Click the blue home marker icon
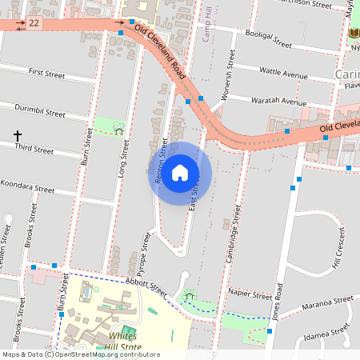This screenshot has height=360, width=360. click(x=180, y=172)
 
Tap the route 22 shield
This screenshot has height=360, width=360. click(x=34, y=23)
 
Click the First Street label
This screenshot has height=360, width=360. click(x=46, y=73)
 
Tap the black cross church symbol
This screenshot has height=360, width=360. click(x=17, y=137)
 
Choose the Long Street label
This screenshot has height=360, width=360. click(x=122, y=157)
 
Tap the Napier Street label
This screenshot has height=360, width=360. click(x=250, y=294)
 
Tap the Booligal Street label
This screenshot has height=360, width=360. click(x=270, y=40)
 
